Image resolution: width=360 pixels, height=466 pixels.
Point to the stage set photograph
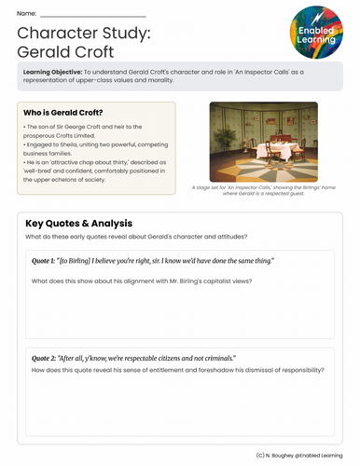tap(264, 140)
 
